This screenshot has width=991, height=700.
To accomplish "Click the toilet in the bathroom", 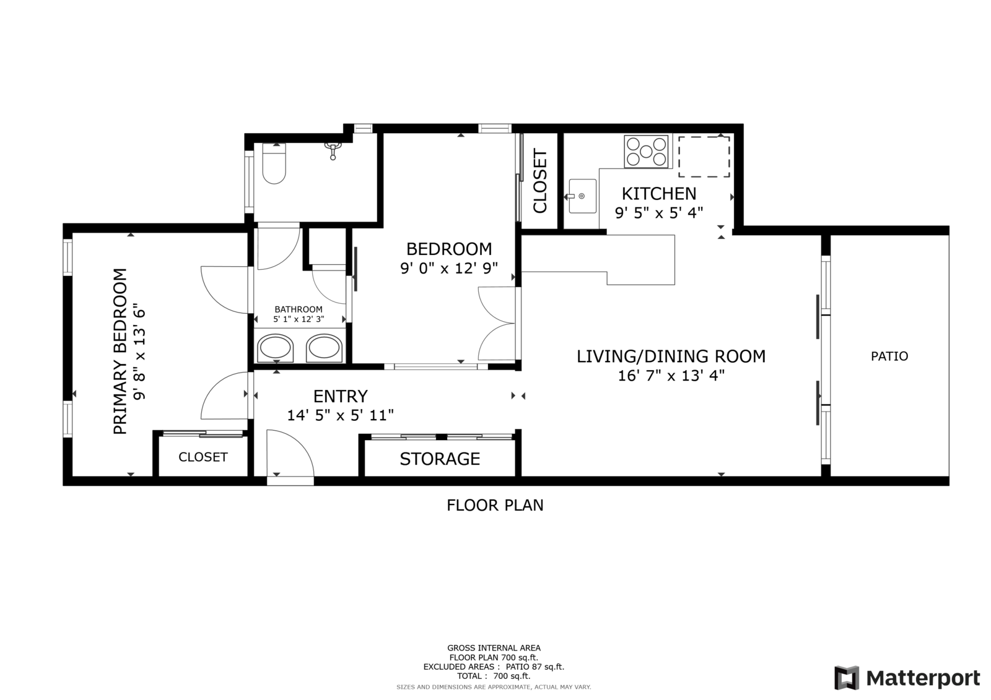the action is (x=274, y=163).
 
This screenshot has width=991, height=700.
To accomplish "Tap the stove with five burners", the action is (x=646, y=152).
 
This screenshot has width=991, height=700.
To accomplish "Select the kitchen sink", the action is (x=582, y=196).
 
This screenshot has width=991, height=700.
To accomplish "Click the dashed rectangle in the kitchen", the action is (x=704, y=157).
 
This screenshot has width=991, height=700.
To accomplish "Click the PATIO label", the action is (x=889, y=356).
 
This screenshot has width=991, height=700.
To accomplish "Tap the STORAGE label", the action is (x=440, y=459).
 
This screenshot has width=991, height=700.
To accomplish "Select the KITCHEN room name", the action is (x=659, y=194).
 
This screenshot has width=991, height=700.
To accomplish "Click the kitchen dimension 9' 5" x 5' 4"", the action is (x=659, y=213).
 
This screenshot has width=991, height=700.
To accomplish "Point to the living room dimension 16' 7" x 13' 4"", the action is (x=671, y=376).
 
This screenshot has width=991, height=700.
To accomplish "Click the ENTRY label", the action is (x=340, y=396).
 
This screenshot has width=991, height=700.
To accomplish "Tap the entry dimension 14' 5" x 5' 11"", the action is (x=340, y=415).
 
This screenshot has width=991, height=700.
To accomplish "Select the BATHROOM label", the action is (x=299, y=309).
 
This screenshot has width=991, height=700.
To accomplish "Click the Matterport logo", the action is (x=907, y=678).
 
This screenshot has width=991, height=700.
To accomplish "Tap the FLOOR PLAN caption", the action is (x=495, y=505).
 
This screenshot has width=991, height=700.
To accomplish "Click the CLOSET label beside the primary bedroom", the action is (x=203, y=457).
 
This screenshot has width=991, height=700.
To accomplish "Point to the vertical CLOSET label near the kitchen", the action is (x=540, y=181).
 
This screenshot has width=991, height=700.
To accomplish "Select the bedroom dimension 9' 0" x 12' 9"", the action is (x=449, y=268).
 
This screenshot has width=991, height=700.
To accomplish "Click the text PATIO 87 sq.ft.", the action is (x=535, y=667).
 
